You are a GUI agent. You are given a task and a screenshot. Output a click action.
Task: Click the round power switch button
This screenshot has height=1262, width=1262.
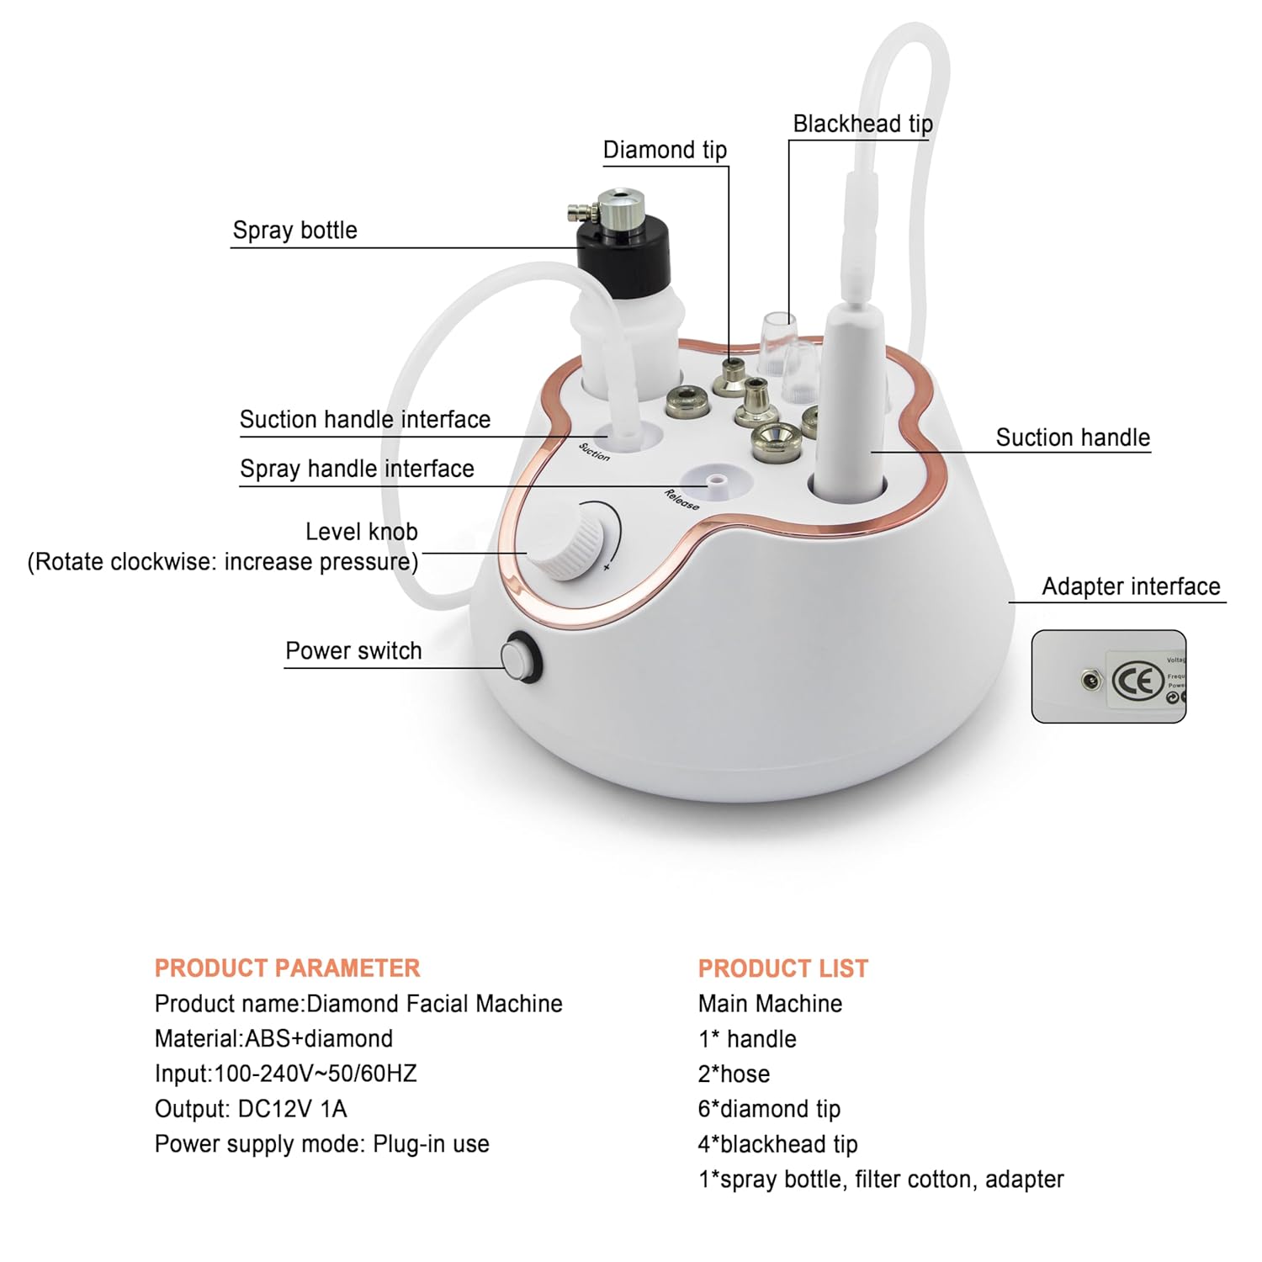pos(519,657)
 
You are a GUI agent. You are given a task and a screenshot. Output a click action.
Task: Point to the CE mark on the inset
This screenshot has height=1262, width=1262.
pos(1137,681)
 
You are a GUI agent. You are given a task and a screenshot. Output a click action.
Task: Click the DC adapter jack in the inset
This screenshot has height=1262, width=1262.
pos(1090,679)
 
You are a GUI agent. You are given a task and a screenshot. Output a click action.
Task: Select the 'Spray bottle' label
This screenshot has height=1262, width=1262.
pos(294,231)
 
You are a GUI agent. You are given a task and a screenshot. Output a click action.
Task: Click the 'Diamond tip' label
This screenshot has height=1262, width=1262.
pos(665,150)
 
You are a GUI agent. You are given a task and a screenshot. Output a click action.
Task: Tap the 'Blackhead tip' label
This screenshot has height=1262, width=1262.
pos(862,125)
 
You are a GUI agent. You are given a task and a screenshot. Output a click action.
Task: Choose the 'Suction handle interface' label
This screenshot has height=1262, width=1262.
pos(364,419)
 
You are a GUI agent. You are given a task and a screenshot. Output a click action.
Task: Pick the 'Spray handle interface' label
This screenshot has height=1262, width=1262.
pos(357,469)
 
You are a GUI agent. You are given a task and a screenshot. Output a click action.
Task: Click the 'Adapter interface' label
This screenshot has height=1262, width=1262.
pos(1130,586)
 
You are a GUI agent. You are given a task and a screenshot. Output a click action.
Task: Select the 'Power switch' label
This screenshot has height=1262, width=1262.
pos(353,650)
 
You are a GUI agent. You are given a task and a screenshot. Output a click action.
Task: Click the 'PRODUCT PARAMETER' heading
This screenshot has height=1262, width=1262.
pos(287,968)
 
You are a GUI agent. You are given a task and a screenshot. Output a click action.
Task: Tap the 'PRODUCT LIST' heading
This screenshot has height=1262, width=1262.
pos(782,968)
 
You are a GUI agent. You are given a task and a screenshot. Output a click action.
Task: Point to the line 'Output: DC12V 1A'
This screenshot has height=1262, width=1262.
pos(251,1109)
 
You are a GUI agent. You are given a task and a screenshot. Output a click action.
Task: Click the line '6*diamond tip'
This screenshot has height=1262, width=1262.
pos(769,1109)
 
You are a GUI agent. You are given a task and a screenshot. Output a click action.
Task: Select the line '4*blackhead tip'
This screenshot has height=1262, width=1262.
pos(777,1144)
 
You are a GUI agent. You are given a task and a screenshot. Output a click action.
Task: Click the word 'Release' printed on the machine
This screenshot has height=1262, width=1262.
pos(681,500)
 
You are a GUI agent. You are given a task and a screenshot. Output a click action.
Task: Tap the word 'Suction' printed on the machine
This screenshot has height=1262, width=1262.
pos(594,452)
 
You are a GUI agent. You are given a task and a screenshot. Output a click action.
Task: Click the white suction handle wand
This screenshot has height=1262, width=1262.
pos(850,395)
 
